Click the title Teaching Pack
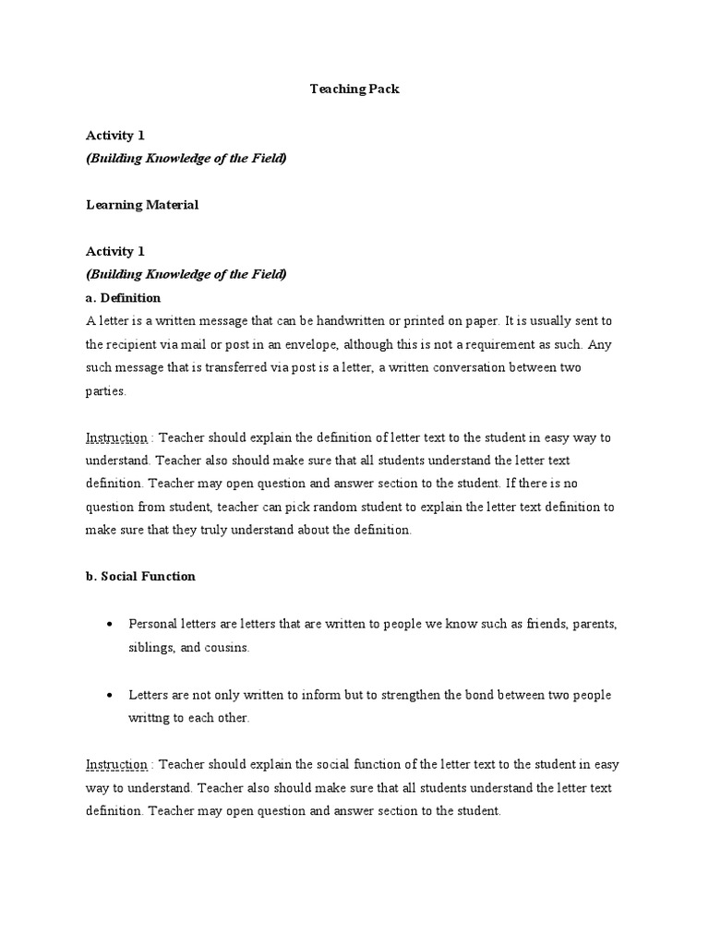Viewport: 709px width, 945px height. point(354,90)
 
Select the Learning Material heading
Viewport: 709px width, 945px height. point(142,205)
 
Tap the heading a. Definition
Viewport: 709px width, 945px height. point(123,297)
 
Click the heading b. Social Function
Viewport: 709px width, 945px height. point(140,576)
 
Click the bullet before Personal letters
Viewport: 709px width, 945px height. point(110,625)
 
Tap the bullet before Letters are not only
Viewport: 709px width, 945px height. point(110,694)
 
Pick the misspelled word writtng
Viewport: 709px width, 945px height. point(150,717)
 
